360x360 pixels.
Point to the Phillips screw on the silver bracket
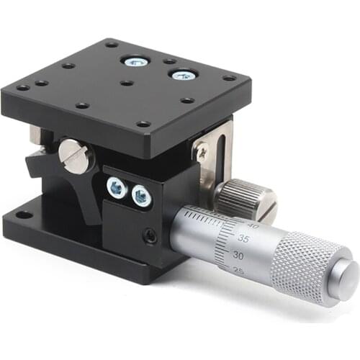pos(202,152)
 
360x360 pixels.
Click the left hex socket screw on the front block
pos(115,187)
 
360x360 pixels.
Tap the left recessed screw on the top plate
pos(133,62)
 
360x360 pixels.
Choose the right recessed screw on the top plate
pos(182,73)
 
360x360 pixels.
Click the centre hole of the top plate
pos(127,83)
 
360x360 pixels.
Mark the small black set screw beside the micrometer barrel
pos(150,235)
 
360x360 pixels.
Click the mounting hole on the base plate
pos(24,214)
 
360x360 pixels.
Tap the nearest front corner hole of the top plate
pos(144,123)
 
